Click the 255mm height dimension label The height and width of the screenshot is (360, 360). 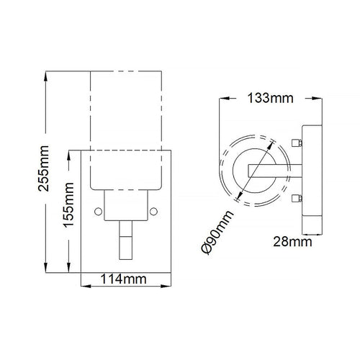click(x=43, y=168)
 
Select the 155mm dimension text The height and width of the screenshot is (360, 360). click(x=68, y=204)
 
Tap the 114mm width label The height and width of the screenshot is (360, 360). click(x=123, y=279)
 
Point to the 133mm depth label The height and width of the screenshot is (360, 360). click(x=270, y=98)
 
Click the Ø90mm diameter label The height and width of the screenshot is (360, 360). click(x=217, y=233)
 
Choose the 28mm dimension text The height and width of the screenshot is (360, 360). click(x=292, y=242)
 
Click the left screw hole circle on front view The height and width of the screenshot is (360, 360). click(x=98, y=212)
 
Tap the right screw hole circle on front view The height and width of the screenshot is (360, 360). click(x=153, y=212)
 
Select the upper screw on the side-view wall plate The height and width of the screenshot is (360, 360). click(x=297, y=143)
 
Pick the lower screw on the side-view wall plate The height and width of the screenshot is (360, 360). click(x=297, y=199)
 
